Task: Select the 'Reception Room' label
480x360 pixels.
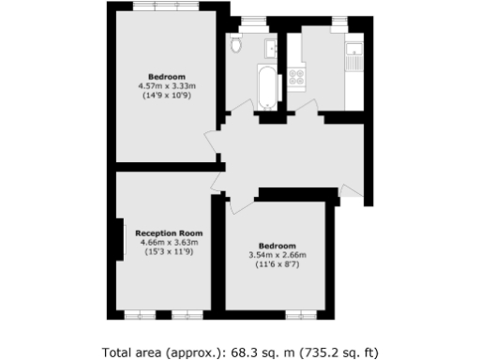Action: coord(169,232)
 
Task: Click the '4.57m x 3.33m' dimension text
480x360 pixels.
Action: coord(166,86)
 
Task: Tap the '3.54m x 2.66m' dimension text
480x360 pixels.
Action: coord(277,255)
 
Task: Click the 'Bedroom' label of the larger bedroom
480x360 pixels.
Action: coord(166,77)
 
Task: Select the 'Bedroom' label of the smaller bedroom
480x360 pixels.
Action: coord(277,246)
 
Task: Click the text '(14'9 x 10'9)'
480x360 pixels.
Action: coord(166,96)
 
